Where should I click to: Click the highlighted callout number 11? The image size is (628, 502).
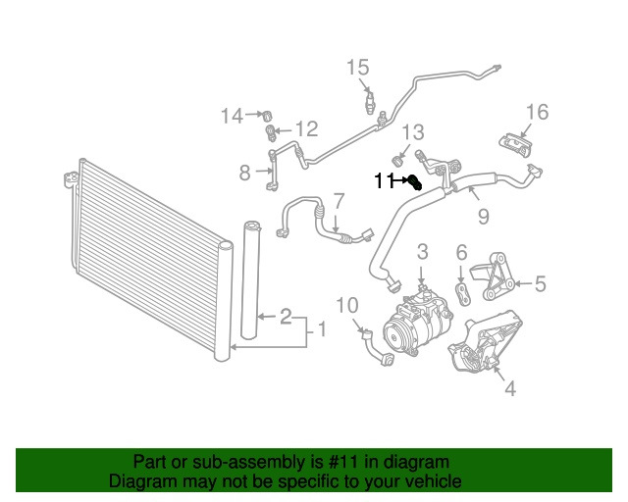[383, 180]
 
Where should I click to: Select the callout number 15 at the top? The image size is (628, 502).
[357, 67]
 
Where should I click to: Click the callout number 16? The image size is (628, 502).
[537, 111]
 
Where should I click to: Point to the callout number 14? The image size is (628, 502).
[231, 117]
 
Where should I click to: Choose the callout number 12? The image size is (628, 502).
[306, 128]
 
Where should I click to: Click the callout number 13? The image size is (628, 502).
[413, 131]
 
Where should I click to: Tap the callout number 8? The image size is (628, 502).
[245, 174]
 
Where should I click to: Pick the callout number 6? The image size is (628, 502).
[461, 253]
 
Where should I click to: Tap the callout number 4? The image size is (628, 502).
[509, 389]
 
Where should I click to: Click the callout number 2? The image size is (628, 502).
[285, 316]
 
